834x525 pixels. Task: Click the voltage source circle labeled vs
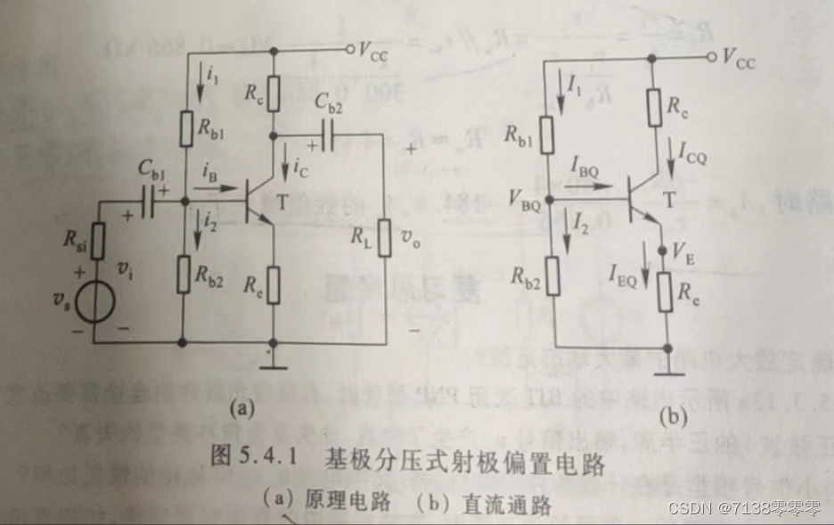[94, 301]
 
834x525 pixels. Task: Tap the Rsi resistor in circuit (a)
[95, 241]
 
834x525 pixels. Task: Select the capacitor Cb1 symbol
[154, 204]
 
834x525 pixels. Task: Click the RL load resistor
[384, 237]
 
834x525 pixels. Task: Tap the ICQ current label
[690, 158]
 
